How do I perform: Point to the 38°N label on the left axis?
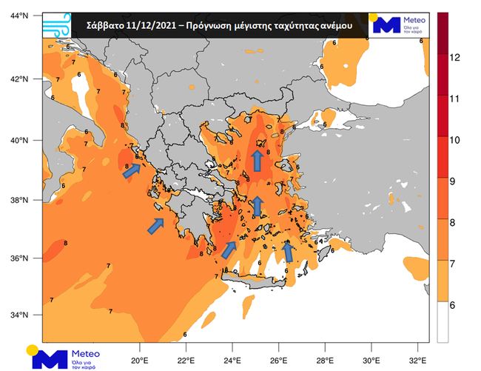18,200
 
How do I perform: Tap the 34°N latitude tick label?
18,315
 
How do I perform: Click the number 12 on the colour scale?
456,57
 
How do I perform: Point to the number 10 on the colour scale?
456,138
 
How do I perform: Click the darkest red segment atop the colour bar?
443,33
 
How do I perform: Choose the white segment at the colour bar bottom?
443,321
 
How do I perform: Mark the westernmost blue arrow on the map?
130,171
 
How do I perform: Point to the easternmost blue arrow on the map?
289,253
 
